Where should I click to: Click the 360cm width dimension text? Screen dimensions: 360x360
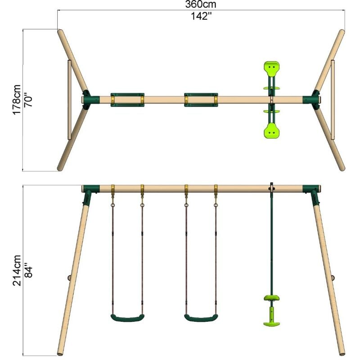pos(201,5)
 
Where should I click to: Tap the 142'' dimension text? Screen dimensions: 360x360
pos(201,17)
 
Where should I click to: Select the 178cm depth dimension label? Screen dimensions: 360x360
pos(17,100)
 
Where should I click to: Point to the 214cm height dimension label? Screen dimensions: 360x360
pos(17,270)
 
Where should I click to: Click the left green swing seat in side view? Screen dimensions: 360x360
pos(127,318)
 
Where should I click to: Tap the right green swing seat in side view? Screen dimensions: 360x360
pos(201,318)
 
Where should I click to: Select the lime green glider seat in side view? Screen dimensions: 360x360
pos(271,298)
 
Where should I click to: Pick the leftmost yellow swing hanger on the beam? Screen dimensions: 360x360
pos(113,189)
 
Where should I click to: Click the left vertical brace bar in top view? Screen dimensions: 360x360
pos(69,100)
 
